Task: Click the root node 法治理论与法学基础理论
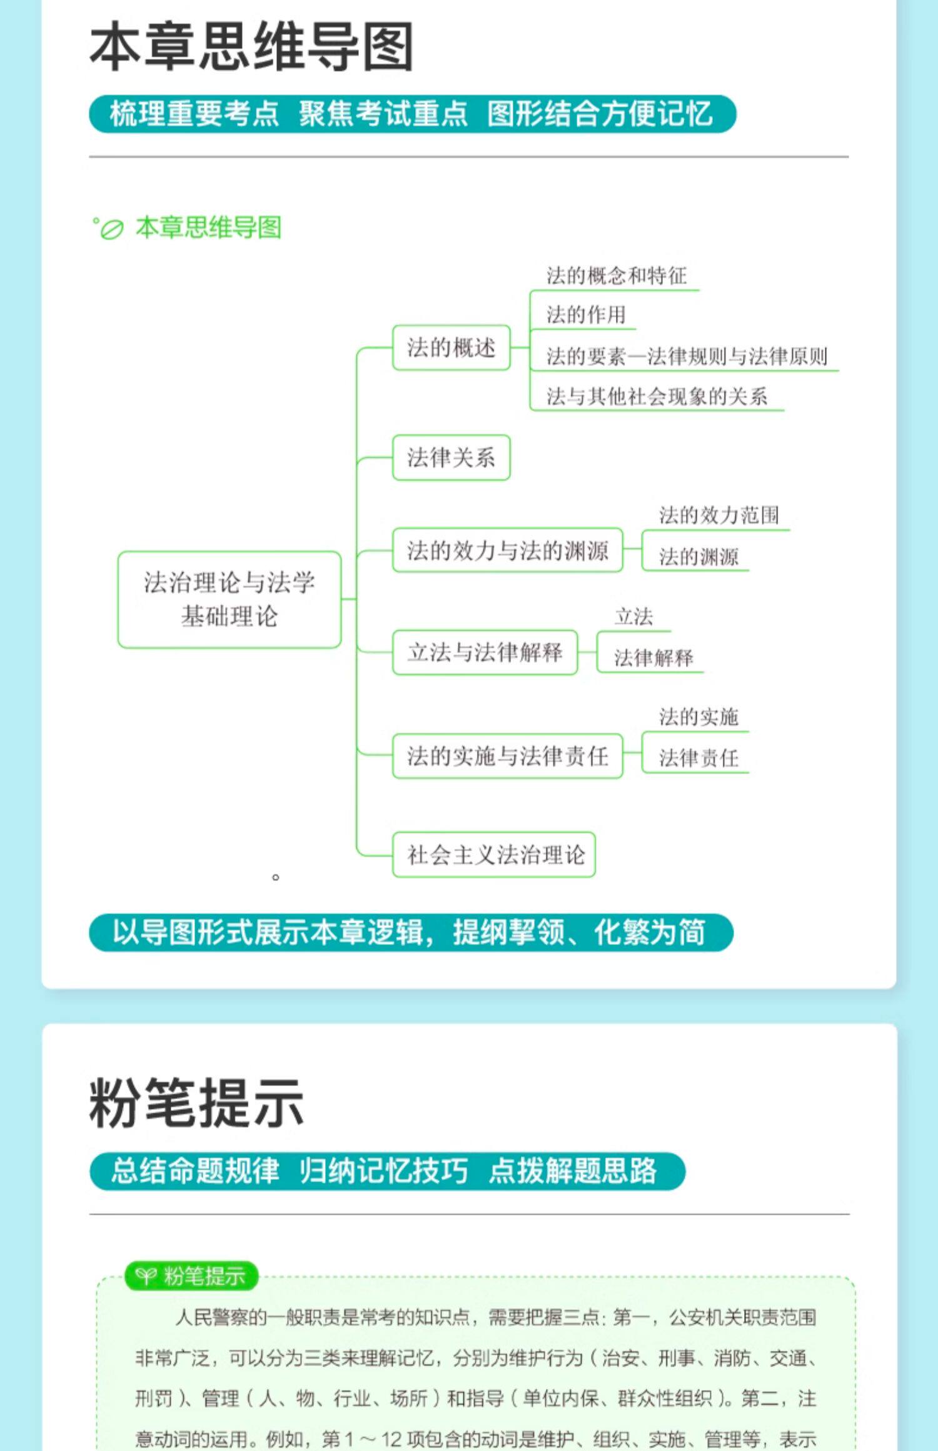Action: [229, 599]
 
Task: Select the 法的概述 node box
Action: [451, 347]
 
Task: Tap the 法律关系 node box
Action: [451, 457]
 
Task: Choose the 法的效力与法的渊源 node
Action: [507, 551]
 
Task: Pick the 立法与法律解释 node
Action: [485, 652]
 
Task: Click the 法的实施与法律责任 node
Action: [507, 756]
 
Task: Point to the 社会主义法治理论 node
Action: [494, 854]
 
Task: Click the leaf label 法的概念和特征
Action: [616, 276]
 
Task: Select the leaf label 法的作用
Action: [585, 314]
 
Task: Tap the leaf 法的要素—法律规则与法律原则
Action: [686, 356]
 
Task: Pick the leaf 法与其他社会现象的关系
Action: [657, 396]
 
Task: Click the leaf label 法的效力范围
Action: [719, 516]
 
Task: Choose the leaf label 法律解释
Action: [653, 657]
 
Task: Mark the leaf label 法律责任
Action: [698, 758]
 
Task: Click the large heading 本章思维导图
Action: [251, 47]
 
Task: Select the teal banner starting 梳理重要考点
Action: [412, 114]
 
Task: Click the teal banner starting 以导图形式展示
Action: [411, 932]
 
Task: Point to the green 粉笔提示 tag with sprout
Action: [191, 1275]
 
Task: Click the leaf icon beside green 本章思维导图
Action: [111, 230]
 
